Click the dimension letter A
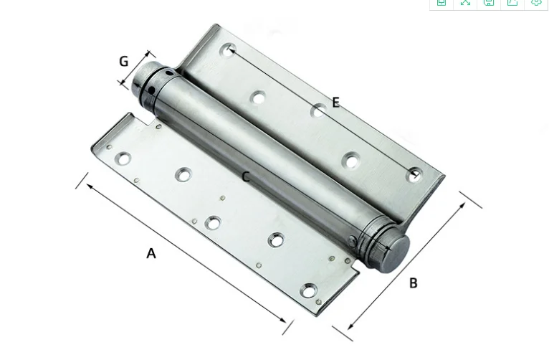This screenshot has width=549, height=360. tap(151, 252)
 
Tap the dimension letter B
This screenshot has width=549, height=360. tap(414, 283)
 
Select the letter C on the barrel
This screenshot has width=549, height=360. tap(246, 176)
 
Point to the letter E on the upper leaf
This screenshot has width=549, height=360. tap(335, 103)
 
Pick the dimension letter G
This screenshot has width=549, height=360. tap(124, 62)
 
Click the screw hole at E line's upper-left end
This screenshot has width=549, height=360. tap(229, 50)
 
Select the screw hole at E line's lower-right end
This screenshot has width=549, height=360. tap(414, 174)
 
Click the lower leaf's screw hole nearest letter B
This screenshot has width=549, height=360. tap(308, 290)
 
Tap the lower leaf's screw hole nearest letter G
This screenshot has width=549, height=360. tap(124, 157)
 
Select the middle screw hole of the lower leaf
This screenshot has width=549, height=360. tap(213, 223)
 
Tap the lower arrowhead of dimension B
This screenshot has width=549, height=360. tap(350, 326)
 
